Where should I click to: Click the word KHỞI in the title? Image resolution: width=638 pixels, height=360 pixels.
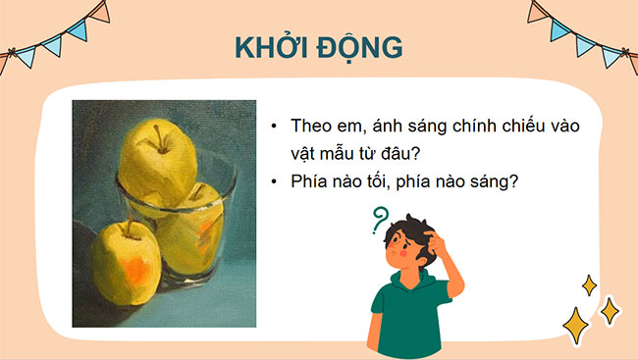pyautogui.click(x=271, y=49)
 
